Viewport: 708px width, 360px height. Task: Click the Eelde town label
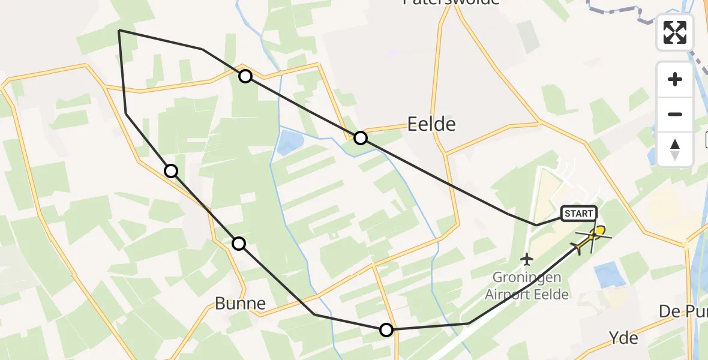click(431, 124)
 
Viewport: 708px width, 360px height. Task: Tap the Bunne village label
click(240, 304)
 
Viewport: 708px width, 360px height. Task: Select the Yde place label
click(623, 338)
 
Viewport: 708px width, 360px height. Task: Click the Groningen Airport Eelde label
click(527, 286)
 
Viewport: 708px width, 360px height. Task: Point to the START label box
click(579, 213)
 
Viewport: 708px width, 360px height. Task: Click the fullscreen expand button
click(675, 32)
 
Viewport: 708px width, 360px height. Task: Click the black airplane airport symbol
click(527, 259)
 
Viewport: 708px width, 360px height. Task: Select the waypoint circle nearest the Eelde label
click(360, 138)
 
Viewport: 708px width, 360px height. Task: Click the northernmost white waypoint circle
click(245, 76)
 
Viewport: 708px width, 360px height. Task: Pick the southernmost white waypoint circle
click(386, 329)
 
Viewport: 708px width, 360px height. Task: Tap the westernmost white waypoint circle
click(171, 171)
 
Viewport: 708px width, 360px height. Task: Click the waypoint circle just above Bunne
click(239, 243)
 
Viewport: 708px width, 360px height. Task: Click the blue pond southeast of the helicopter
click(611, 275)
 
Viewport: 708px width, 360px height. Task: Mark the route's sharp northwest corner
click(119, 30)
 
